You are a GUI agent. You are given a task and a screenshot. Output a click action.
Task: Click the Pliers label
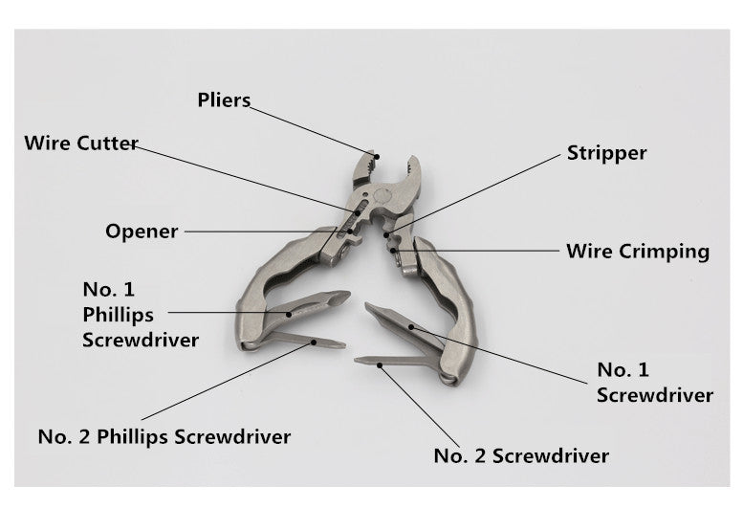pos(224,99)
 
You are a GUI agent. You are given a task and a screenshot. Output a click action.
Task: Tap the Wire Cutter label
pos(81,144)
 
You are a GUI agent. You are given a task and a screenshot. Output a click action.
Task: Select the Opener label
pos(142,231)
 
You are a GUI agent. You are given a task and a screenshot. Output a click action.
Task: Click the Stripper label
pos(606,153)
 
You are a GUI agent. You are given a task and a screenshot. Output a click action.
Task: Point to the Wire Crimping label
pos(638,252)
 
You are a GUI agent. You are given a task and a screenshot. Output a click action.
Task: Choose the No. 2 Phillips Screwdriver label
pos(164,437)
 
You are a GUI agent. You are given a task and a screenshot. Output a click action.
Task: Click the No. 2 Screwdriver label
pos(521,455)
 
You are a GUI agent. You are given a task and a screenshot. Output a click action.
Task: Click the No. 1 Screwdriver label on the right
pos(654,382)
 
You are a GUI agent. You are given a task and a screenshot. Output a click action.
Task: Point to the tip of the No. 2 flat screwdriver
pos(360,362)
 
